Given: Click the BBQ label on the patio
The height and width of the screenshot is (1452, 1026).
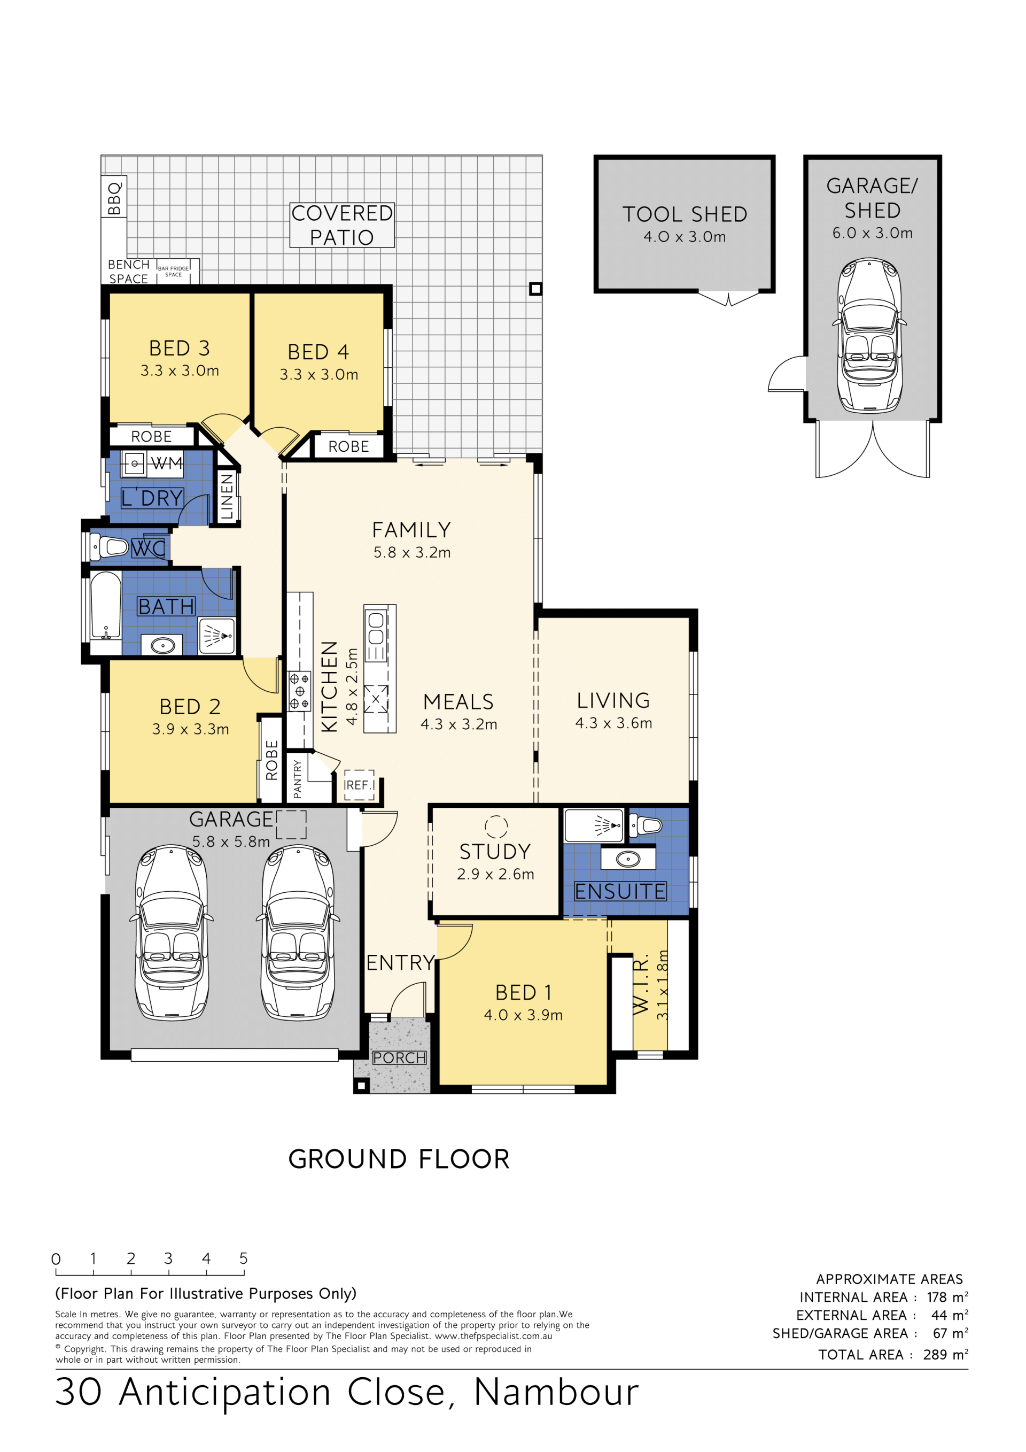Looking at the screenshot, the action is click(114, 198).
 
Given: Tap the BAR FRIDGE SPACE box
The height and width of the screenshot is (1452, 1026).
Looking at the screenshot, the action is click(174, 271).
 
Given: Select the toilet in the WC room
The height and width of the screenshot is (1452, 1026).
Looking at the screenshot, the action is click(108, 546).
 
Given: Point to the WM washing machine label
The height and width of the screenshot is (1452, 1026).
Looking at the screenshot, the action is click(167, 464).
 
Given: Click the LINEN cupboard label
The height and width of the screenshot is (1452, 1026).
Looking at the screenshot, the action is click(227, 497).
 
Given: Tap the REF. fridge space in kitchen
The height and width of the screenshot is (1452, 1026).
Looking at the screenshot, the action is click(359, 785).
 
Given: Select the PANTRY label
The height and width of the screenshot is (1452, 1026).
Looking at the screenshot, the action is click(298, 779).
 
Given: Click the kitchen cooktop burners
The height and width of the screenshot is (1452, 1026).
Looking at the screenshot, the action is click(299, 691).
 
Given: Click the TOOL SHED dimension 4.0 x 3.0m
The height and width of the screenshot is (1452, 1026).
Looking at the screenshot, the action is click(685, 236).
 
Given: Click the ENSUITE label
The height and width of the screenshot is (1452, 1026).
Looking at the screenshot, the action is click(620, 891).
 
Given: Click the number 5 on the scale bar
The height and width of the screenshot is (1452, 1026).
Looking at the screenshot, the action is click(243, 1258).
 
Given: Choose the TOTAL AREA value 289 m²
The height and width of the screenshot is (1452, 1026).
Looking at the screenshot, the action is click(945, 1354).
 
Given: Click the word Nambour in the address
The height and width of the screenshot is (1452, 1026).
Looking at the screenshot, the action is click(556, 1392).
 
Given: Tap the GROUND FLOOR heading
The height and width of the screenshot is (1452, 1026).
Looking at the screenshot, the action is click(399, 1159).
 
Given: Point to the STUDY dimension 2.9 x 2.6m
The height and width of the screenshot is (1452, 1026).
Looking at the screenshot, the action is click(495, 874).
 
